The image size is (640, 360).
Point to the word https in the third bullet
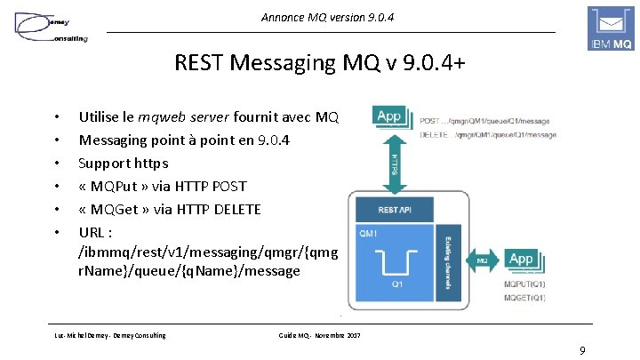coord(148,163)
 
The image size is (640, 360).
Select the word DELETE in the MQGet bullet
coord(233,209)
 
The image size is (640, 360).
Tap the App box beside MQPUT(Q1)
coord(521,259)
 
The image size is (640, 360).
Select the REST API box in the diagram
coord(394,211)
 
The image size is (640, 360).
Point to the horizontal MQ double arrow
coord(481,261)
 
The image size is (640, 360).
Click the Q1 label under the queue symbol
coord(397,285)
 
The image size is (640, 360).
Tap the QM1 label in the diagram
coord(367,234)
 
